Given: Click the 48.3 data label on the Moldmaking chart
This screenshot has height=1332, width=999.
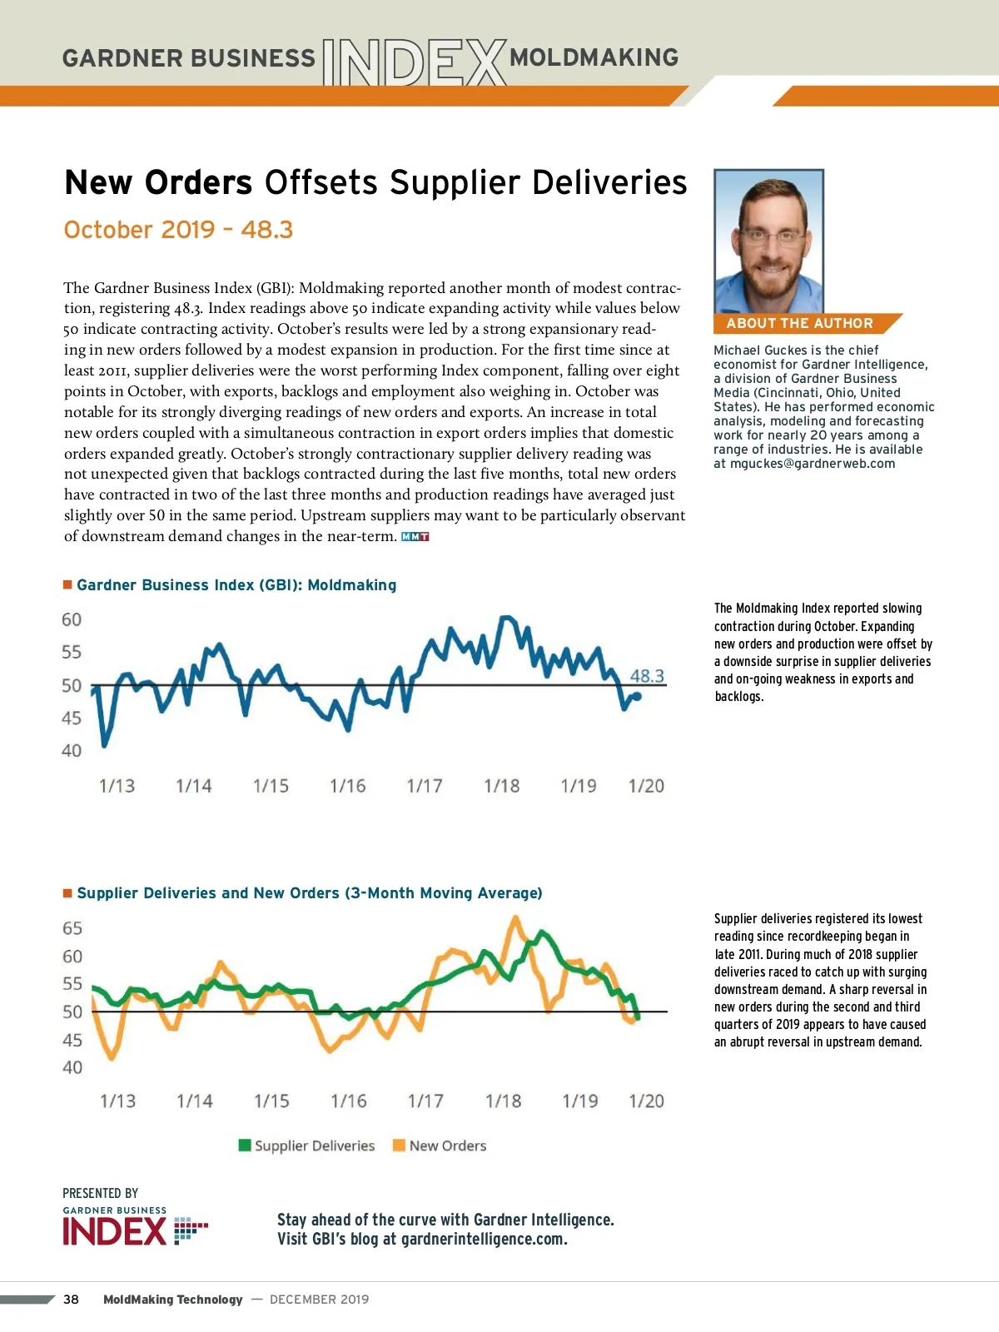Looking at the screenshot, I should (647, 676).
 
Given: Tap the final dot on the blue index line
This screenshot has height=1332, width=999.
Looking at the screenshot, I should (638, 696).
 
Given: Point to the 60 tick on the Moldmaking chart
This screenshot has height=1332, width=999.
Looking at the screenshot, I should (72, 619).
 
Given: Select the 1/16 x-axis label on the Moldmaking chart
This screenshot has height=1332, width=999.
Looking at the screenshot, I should (347, 786).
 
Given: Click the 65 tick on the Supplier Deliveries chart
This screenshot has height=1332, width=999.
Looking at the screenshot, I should (72, 928).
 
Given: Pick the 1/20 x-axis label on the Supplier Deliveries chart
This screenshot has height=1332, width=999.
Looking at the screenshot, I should (646, 1101).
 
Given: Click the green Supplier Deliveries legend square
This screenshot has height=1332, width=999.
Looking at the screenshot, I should (245, 1146).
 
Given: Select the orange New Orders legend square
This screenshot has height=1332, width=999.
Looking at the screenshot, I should (399, 1146).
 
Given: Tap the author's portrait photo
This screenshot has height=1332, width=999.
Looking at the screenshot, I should (768, 241).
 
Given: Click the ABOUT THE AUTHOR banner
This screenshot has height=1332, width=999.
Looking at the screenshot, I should (799, 323).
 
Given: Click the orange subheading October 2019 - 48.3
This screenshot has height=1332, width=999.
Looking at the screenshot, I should (178, 230).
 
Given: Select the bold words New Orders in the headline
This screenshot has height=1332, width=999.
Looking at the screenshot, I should (158, 182).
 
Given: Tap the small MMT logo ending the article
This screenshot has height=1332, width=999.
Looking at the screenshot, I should (415, 537).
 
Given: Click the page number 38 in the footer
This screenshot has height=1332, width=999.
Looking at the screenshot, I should (72, 1300).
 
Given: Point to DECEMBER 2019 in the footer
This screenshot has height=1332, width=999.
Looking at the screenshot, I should (319, 1300).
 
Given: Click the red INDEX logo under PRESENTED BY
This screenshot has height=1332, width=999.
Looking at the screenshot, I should (115, 1231).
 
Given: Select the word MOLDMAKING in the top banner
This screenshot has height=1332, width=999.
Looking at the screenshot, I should (594, 57).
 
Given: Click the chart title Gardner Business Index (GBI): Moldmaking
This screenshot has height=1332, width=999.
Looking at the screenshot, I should (236, 585).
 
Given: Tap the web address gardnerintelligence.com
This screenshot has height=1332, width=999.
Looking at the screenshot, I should (484, 1239).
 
